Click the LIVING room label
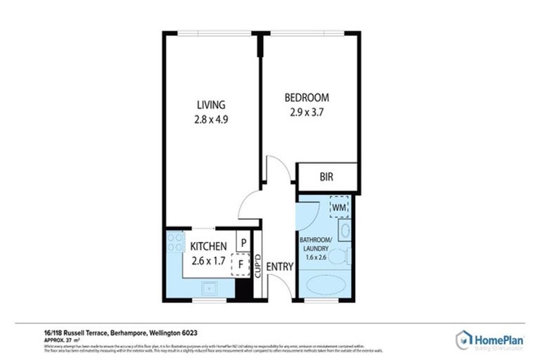[211, 105]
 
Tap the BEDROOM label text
[306, 97]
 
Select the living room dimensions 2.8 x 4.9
[211, 120]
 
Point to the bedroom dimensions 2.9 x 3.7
[306, 111]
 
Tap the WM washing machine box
[339, 207]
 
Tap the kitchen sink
[209, 288]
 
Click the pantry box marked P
[243, 242]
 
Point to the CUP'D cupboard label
[257, 267]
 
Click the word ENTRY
[279, 266]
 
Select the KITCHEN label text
[209, 246]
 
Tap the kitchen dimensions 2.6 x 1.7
[209, 260]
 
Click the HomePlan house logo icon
[464, 340]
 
